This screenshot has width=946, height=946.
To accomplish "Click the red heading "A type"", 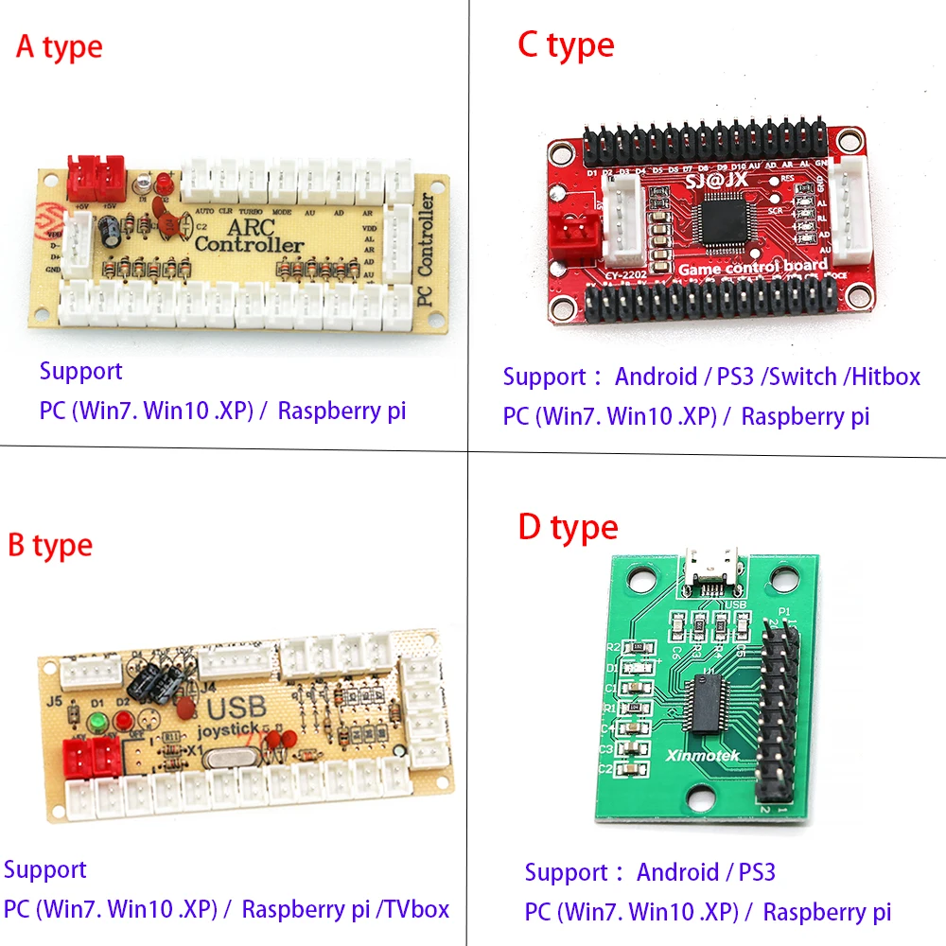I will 59,47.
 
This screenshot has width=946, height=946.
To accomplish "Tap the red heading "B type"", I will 50,546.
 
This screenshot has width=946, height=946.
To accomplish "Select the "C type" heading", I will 566,45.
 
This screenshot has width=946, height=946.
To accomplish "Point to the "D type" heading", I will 568,528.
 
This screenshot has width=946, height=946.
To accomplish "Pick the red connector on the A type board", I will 96,171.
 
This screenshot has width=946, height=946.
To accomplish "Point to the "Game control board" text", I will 753,267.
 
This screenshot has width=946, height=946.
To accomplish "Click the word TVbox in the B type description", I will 415,909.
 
